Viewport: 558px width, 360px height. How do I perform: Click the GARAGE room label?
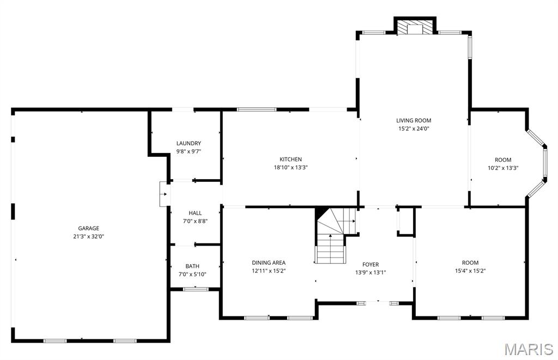[x=88, y=228]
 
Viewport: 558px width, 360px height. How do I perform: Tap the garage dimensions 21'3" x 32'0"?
[x=88, y=236]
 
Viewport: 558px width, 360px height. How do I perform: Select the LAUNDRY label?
[x=189, y=143]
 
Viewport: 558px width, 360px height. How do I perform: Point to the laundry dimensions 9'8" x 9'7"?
[x=189, y=151]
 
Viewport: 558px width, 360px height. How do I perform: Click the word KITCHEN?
[x=290, y=159]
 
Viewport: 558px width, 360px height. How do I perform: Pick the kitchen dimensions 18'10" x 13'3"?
[x=290, y=167]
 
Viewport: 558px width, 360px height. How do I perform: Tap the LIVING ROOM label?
[x=414, y=120]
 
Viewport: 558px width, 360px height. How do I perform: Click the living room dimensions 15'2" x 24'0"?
[x=414, y=129]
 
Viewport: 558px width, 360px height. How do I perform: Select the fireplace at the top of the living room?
[x=415, y=28]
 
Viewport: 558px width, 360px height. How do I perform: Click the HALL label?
[x=195, y=213]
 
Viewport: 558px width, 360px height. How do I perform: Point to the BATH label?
[x=192, y=266]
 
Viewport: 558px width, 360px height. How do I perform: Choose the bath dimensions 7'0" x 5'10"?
[x=192, y=274]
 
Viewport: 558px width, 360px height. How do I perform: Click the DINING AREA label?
[x=269, y=263]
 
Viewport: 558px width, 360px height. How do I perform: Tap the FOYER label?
[x=371, y=265]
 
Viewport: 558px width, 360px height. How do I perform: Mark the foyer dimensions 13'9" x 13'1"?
[x=371, y=273]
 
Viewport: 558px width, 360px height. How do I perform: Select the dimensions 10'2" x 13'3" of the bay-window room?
[x=503, y=168]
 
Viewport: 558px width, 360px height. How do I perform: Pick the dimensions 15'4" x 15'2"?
[x=470, y=271]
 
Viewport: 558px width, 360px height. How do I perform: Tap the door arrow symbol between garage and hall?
[x=163, y=194]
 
